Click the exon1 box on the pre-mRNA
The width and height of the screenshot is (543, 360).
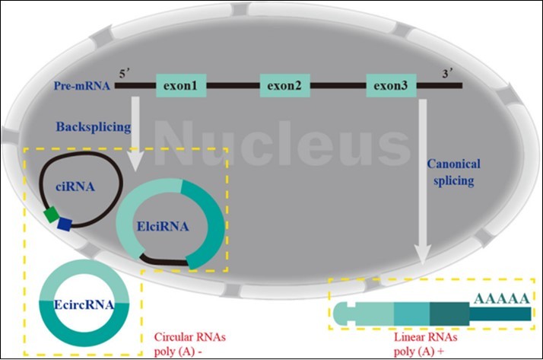coord(180,85)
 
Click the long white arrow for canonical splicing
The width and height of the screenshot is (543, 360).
coord(420,190)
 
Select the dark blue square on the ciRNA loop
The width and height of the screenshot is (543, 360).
coord(65,223)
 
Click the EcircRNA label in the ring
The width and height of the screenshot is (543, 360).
coord(84,306)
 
